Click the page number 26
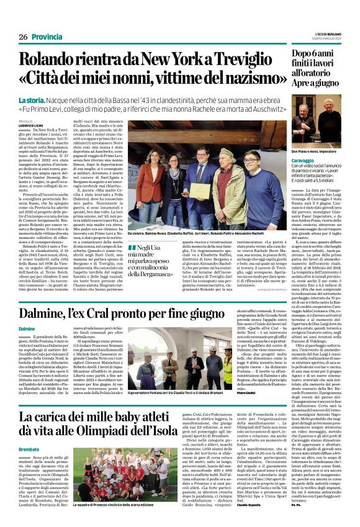[x=23, y=37]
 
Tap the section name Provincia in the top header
[x=47, y=37]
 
